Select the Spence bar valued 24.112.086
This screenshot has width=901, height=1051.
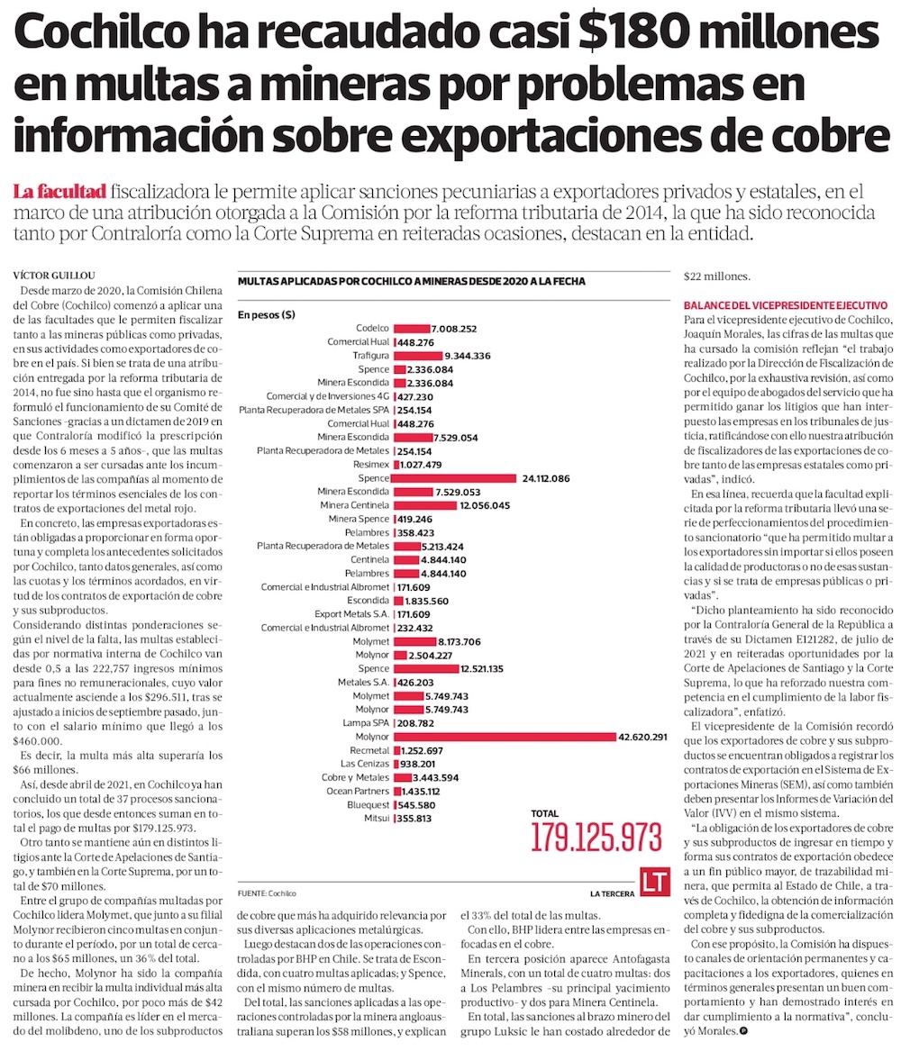455,477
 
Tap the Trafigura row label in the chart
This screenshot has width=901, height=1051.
370,356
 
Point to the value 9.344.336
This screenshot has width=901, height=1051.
461,356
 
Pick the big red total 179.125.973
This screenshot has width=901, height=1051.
596,838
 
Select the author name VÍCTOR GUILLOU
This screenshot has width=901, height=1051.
55,274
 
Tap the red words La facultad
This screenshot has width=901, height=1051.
60,191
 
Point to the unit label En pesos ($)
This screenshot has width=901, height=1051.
267,315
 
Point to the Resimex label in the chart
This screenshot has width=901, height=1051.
371,464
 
